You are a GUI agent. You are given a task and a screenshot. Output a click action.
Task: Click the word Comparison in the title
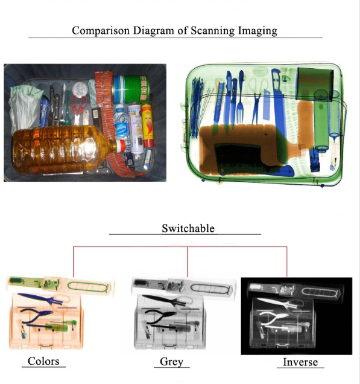101,31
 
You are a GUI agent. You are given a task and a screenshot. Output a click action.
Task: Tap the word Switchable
188,228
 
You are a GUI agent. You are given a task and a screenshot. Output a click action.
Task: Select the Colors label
43,361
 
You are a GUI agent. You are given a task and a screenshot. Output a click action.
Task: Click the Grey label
171,362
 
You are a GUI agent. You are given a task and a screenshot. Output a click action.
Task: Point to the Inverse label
300,362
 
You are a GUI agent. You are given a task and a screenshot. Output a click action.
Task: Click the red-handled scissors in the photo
78,108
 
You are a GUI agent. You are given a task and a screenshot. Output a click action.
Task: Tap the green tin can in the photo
131,89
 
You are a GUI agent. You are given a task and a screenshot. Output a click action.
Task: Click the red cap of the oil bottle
121,146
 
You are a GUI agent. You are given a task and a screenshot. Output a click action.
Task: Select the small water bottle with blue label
122,123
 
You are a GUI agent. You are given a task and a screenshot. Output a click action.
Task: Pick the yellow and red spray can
147,126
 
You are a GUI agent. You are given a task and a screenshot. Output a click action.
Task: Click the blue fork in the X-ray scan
241,97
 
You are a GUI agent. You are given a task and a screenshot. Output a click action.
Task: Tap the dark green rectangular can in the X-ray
315,84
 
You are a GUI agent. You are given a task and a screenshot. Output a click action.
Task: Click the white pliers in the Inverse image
274,318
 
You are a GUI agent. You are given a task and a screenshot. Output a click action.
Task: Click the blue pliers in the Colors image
37,316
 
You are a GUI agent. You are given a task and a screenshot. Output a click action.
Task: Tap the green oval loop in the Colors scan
87,287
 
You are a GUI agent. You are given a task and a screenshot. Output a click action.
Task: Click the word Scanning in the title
212,31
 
